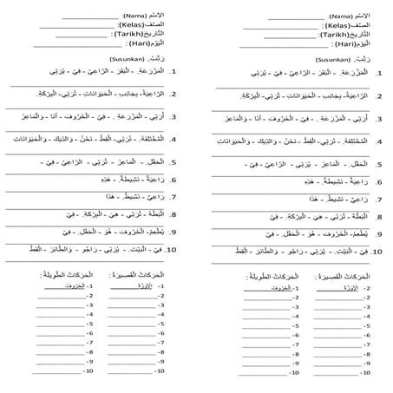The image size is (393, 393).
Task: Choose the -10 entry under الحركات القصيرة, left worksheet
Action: tap(159, 371)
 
